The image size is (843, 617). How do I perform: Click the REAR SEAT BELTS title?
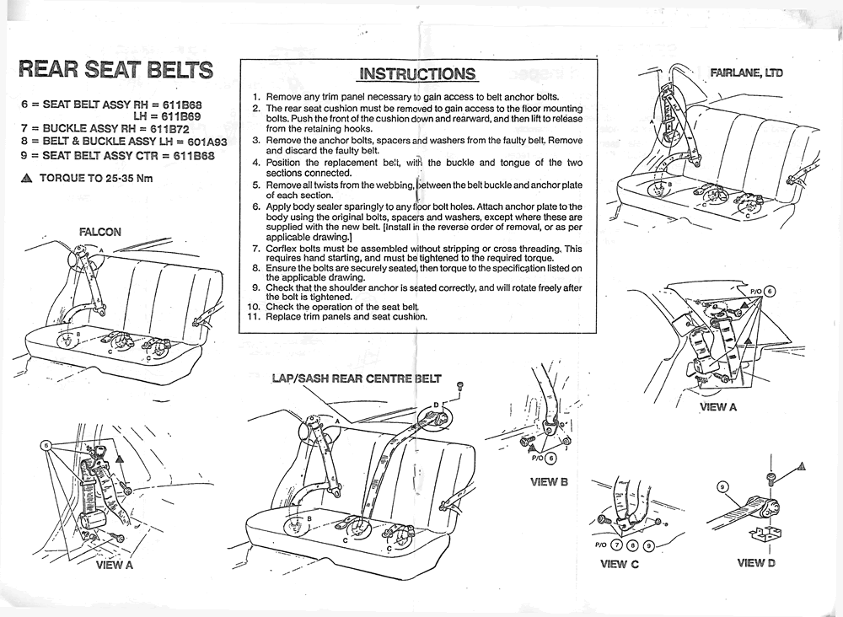click(x=116, y=69)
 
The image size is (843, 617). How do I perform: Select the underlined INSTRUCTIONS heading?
click(x=417, y=73)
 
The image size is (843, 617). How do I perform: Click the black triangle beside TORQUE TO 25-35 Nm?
click(x=26, y=179)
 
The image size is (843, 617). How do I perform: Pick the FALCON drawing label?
click(x=100, y=232)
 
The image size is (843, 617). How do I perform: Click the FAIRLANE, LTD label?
click(x=746, y=72)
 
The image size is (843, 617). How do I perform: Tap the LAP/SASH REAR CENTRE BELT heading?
click(x=357, y=378)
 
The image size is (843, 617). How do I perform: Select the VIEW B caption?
click(x=549, y=481)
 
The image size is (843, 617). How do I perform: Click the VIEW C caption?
click(x=619, y=564)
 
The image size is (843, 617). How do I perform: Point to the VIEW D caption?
click(x=756, y=563)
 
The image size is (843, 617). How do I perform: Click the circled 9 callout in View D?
click(x=723, y=487)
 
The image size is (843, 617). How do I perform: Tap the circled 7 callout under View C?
click(x=617, y=545)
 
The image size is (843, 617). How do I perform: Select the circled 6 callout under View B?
click(x=550, y=459)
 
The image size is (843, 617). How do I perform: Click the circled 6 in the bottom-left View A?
click(x=46, y=446)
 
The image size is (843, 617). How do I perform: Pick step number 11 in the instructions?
click(x=255, y=317)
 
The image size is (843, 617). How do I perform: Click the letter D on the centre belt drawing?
click(x=437, y=404)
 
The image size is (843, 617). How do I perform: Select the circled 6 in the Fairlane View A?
click(x=770, y=292)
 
